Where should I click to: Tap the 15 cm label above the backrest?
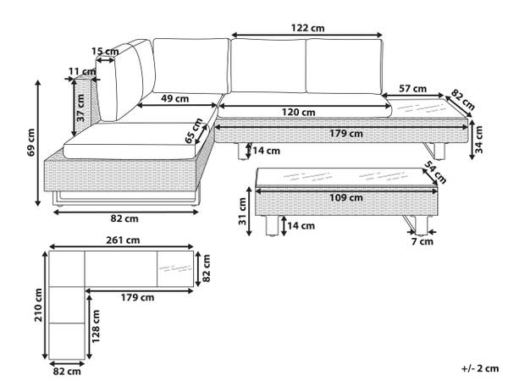click(105, 52)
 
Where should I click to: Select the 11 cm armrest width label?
click(80, 71)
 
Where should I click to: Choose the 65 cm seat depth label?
click(195, 132)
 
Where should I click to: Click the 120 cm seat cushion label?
click(299, 112)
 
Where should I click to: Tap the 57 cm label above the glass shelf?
click(412, 87)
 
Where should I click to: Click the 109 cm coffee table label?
click(346, 197)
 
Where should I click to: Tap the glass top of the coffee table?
click(339, 176)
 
